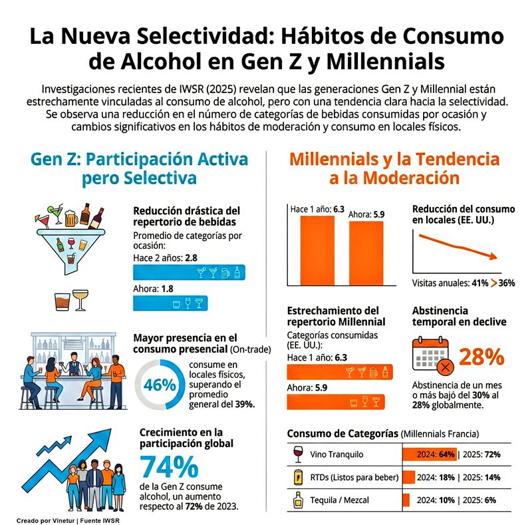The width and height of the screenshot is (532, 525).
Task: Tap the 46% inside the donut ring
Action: pyautogui.click(x=160, y=385)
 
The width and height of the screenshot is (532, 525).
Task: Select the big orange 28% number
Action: pyautogui.click(x=481, y=358)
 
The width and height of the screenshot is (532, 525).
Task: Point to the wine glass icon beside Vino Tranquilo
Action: pyautogui.click(x=299, y=454)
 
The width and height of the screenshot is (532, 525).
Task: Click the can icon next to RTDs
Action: pyautogui.click(x=299, y=477)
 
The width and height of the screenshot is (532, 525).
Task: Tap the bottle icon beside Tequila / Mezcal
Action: pyautogui.click(x=299, y=500)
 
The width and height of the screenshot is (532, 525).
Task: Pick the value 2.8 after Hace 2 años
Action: pyautogui.click(x=192, y=257)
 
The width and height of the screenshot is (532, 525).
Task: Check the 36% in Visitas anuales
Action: pyautogui.click(x=507, y=283)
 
